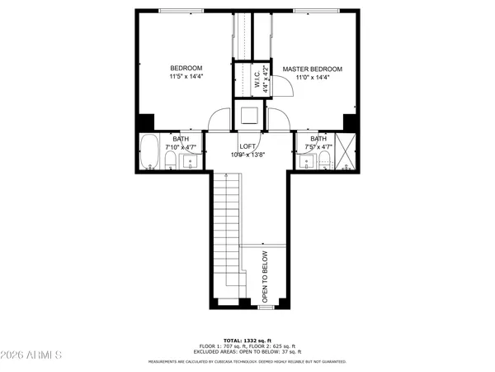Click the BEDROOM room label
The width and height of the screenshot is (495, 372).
(186, 68)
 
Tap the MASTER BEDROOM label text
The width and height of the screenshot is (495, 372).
(313, 69)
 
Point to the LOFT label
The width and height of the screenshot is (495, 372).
(248, 146)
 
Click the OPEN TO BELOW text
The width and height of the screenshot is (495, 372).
(266, 278)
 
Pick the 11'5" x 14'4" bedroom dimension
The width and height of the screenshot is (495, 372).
(186, 77)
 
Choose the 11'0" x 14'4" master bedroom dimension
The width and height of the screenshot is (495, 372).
(313, 79)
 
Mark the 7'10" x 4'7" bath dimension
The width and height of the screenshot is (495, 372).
(181, 147)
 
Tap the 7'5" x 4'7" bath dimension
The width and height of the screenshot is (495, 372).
(318, 147)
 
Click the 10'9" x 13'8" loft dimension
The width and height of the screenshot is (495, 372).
(248, 155)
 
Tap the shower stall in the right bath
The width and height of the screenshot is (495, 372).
(346, 153)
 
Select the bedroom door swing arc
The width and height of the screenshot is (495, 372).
(218, 121)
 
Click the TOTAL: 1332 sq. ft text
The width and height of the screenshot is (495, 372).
(247, 339)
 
